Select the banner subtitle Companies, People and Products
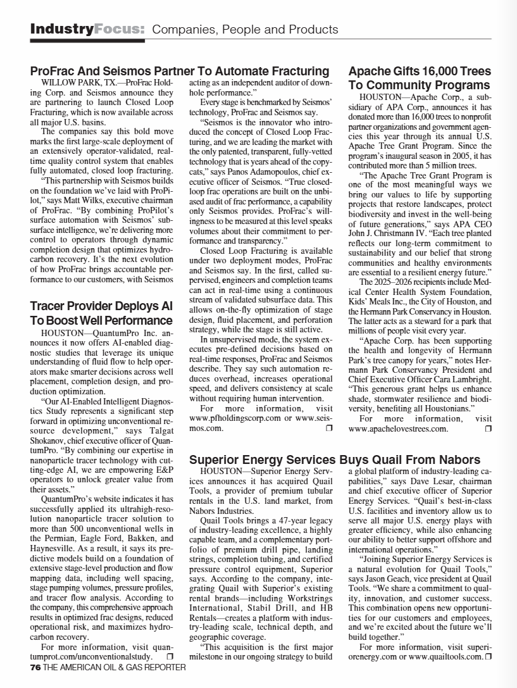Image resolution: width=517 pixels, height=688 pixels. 246,30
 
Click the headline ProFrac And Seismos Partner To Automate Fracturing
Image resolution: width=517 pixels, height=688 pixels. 180,71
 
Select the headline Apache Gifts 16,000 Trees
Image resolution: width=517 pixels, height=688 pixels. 420,71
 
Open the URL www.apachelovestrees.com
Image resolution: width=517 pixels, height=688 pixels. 398,428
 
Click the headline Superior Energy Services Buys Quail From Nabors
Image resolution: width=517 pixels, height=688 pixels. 335,460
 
